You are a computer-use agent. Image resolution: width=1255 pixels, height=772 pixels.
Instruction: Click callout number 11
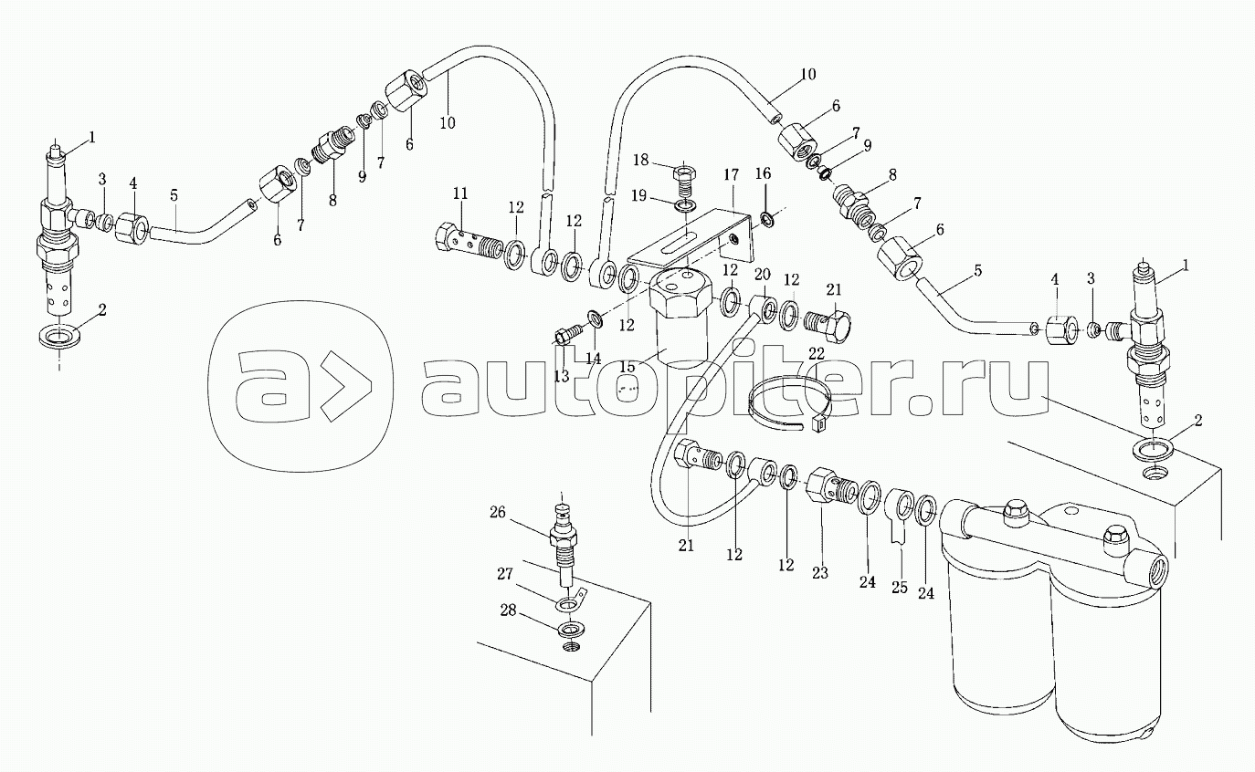pos(459,193)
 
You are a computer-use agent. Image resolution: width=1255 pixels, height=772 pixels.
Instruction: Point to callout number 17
pos(731,173)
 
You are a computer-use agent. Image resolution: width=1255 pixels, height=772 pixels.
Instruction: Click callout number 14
pos(594,359)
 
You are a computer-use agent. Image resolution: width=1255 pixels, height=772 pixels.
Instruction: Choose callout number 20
pos(762,275)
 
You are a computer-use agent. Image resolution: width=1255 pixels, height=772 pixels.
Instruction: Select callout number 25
pos(899,588)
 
